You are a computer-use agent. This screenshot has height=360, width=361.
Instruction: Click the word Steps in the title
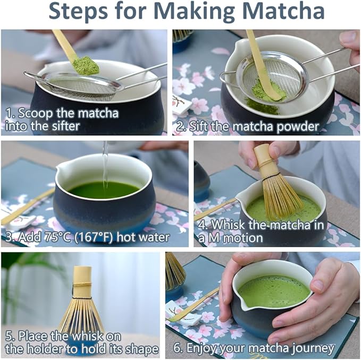[78, 11]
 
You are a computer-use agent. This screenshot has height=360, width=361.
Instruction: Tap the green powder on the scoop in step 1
[86, 65]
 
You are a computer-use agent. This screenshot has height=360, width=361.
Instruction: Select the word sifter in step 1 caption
[65, 126]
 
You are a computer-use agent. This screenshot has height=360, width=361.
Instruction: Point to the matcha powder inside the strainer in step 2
[268, 91]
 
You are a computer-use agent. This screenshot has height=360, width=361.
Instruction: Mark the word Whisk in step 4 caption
[229, 225]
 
